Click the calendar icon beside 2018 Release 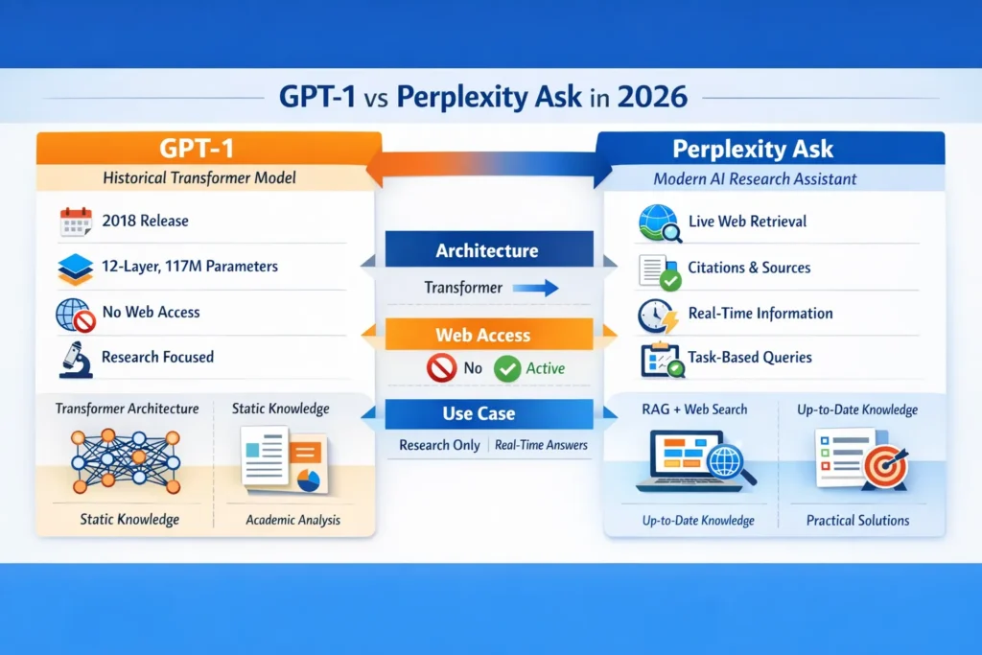click(75, 222)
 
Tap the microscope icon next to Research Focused click(75, 358)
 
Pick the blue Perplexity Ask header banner click(766, 149)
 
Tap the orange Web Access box click(490, 336)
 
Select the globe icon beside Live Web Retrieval click(658, 222)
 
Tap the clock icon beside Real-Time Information click(658, 315)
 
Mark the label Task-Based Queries click(750, 358)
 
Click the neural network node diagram click(126, 458)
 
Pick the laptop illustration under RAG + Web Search click(681, 460)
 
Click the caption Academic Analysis click(292, 521)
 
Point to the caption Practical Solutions click(856, 521)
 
